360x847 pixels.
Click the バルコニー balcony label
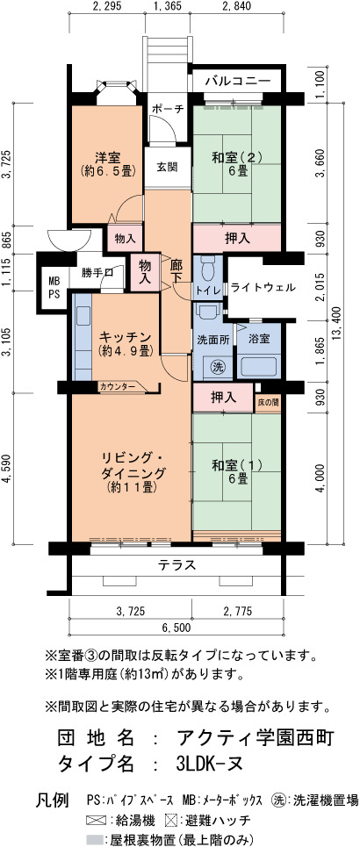tap(238, 81)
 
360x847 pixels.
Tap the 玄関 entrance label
tap(168, 167)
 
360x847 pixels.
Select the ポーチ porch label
tap(168, 109)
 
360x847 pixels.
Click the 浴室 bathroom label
tap(259, 339)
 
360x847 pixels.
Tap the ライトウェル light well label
tap(263, 287)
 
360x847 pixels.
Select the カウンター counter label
tap(118, 387)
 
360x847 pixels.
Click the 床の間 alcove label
tap(268, 404)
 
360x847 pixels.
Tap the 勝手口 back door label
tap(97, 272)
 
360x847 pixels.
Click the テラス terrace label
tap(176, 565)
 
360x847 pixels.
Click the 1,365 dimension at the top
tap(167, 6)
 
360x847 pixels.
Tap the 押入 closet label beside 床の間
tap(223, 398)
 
